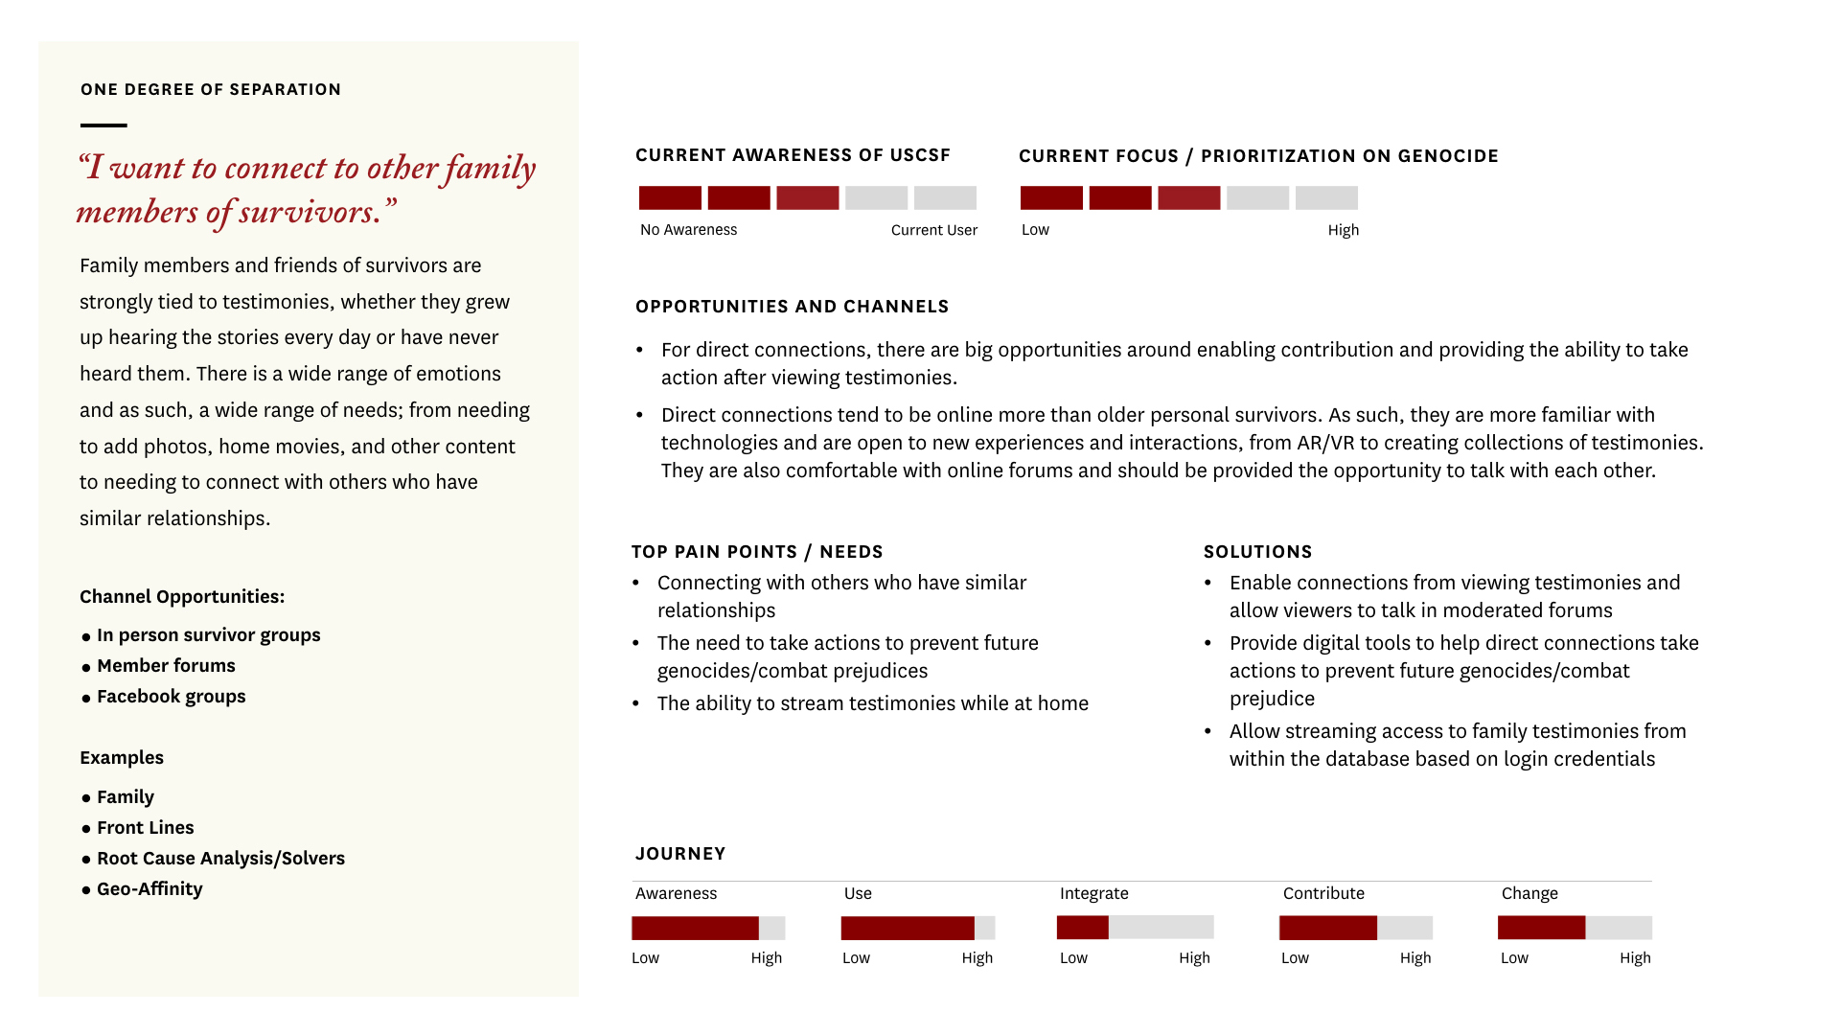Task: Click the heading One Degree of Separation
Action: [x=211, y=89]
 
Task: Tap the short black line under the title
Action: [x=103, y=126]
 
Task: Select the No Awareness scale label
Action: [x=688, y=230]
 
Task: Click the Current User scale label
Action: [x=934, y=230]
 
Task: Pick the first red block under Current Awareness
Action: [x=670, y=198]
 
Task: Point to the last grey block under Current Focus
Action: [x=1326, y=198]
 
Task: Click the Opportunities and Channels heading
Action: [x=793, y=307]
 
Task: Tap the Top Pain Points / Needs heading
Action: [x=757, y=552]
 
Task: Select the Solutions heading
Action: [x=1258, y=552]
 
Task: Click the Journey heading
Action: [x=680, y=854]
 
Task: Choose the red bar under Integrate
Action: [x=1083, y=928]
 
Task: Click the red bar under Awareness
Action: [x=695, y=928]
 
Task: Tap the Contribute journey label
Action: [x=1323, y=893]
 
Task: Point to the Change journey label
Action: [x=1529, y=893]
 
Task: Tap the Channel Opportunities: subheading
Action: [x=182, y=597]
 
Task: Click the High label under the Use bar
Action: [x=977, y=958]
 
